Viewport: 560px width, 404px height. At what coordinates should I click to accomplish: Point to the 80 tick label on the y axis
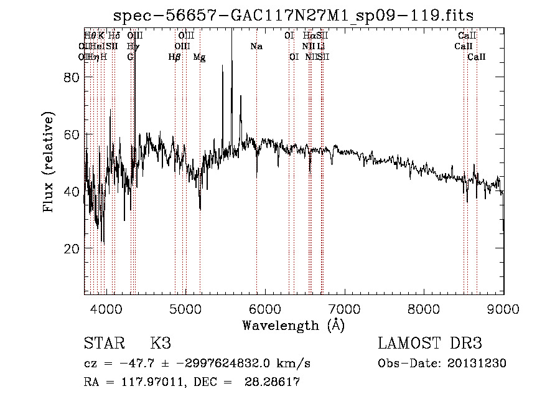(x=73, y=77)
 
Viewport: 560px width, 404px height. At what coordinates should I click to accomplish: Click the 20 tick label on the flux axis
(x=73, y=248)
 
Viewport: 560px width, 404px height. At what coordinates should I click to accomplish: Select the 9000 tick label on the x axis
(x=503, y=309)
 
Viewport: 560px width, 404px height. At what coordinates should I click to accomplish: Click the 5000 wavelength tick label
(x=185, y=309)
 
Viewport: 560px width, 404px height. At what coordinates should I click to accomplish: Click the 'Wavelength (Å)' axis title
(x=293, y=325)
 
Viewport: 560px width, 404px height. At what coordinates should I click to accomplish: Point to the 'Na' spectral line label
(x=256, y=47)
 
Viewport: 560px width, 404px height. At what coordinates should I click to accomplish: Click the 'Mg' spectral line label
(x=199, y=57)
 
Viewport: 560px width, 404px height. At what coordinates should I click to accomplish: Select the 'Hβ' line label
(x=174, y=57)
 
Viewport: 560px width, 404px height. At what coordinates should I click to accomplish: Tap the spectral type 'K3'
(x=161, y=344)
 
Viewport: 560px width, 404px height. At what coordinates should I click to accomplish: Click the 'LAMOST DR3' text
(x=430, y=344)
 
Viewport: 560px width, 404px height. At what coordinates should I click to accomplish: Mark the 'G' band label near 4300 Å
(x=130, y=57)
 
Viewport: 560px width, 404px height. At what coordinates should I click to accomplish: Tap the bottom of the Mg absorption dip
(x=200, y=209)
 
